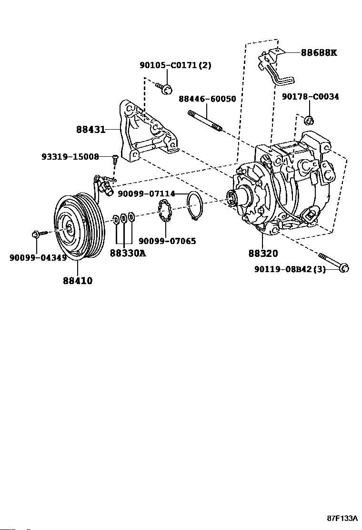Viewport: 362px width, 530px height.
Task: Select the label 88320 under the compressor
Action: tap(262, 254)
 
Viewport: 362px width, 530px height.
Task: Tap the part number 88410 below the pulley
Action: tap(77, 281)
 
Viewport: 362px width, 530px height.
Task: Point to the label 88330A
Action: tap(128, 253)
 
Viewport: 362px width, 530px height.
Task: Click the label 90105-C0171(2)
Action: tap(175, 65)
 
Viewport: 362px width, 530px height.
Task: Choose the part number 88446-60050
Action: tap(207, 99)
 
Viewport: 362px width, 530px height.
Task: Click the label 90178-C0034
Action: tap(310, 97)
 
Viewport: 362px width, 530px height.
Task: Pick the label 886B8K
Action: tap(318, 53)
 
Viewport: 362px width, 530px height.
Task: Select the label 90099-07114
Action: tap(146, 194)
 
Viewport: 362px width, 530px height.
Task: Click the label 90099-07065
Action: tap(167, 241)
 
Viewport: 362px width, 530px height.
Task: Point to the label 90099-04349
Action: tap(38, 258)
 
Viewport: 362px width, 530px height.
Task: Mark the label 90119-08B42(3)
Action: tap(290, 270)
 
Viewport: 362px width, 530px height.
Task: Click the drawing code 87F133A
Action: tap(342, 518)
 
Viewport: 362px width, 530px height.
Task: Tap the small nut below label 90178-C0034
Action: tap(309, 119)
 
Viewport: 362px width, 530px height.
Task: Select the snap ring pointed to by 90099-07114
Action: tap(195, 205)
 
